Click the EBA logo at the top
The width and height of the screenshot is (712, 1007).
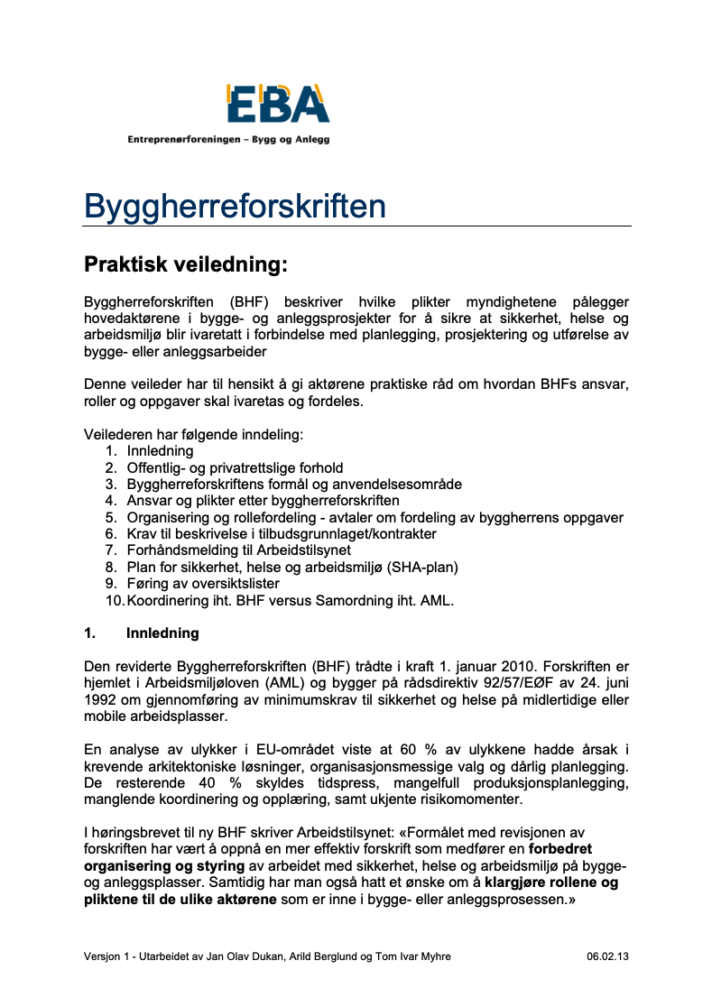tap(277, 104)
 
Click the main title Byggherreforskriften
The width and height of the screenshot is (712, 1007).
tap(235, 206)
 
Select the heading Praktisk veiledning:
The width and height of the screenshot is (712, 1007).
tap(185, 264)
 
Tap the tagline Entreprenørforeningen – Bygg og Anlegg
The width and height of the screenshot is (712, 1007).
tap(228, 140)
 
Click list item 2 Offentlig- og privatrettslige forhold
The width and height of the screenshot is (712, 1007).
tap(235, 467)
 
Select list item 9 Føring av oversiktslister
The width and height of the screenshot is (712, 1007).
tap(203, 584)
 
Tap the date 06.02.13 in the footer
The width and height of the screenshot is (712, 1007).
tap(606, 956)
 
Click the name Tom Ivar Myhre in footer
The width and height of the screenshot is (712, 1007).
tap(422, 956)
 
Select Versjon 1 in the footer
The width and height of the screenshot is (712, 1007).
tap(108, 956)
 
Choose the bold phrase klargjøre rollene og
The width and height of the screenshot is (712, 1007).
tap(551, 884)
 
